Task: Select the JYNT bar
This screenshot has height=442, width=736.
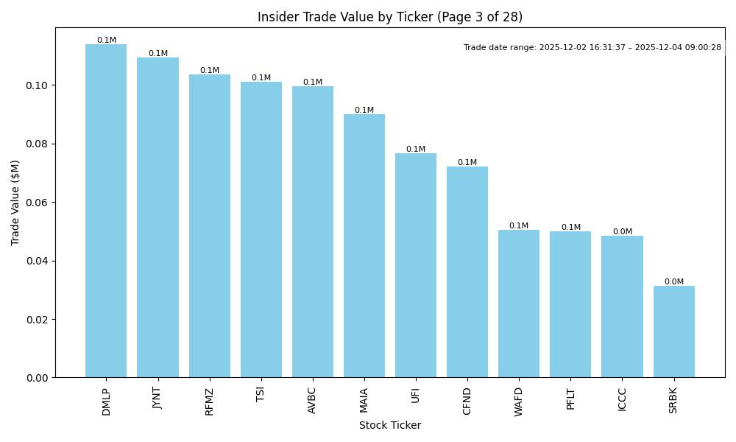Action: [x=158, y=217]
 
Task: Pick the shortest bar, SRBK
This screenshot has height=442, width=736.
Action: [x=673, y=331]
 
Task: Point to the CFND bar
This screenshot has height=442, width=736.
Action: [x=467, y=272]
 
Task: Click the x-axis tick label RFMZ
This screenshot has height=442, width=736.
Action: [x=210, y=401]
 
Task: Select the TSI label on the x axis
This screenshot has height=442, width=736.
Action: [x=261, y=394]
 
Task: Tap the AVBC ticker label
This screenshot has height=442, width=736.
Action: [x=312, y=400]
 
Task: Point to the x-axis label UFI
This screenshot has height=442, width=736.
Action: [x=416, y=394]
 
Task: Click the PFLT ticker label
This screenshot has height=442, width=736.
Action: [x=570, y=399]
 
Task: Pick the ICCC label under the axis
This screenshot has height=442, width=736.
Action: [x=622, y=399]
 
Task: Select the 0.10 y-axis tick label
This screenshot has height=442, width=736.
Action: [x=38, y=85]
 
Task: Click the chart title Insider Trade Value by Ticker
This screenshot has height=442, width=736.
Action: [x=389, y=17]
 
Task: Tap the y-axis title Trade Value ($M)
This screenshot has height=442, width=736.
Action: [x=15, y=203]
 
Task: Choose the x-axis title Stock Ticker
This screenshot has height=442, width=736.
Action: [x=389, y=425]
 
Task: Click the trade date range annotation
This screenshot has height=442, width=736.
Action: [x=592, y=47]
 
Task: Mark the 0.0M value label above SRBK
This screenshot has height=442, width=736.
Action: [x=673, y=281]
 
